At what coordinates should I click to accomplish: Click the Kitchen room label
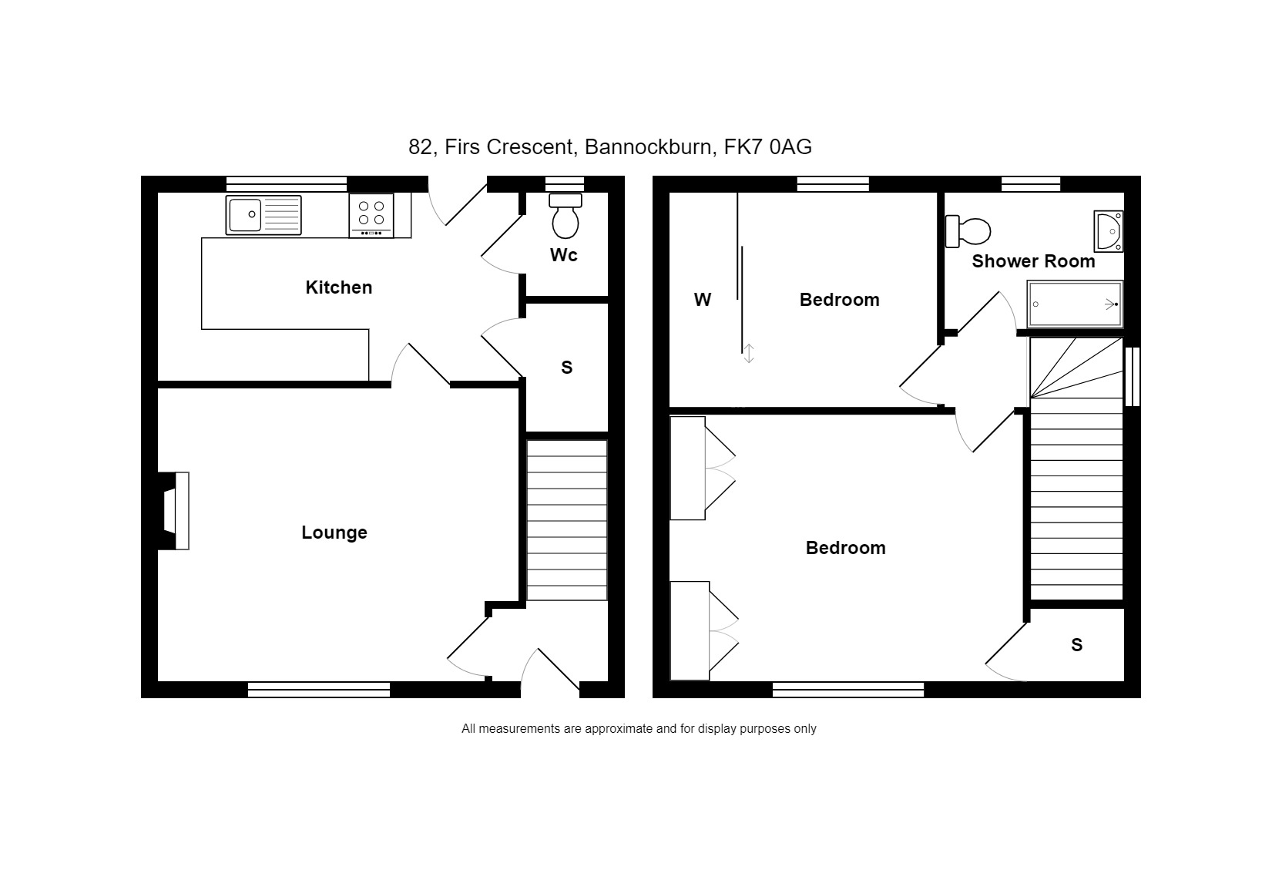pos(339,287)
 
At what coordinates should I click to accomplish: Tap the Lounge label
pos(334,533)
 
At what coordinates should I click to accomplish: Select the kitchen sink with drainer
pos(263,215)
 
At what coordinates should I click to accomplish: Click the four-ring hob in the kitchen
pos(371,215)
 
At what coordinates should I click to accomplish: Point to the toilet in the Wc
pos(565,216)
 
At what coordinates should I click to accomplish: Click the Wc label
pos(564,255)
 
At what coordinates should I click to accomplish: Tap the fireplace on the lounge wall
pos(173,511)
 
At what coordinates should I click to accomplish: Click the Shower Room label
pos(1033,261)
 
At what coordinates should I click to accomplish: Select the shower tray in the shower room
pos(1075,304)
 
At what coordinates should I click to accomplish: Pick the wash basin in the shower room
pos(1109,231)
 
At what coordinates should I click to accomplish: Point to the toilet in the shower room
pos(968,231)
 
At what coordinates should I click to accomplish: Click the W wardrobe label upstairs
pos(702,300)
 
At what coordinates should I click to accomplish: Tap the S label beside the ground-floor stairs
pos(566,368)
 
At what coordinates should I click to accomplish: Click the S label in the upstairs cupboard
pos(1076,645)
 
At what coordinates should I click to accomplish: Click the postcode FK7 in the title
pos(743,147)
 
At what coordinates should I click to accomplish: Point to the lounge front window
pos(319,690)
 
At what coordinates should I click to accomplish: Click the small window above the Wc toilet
pos(564,184)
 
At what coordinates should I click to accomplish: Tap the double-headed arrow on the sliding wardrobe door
pos(749,353)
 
